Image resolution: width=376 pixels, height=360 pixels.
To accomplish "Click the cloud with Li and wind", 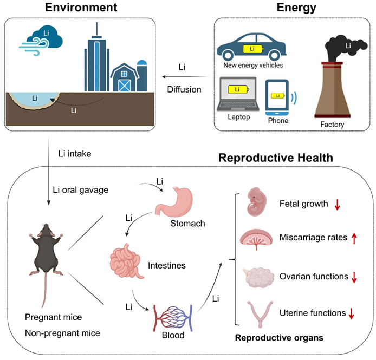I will click(x=43, y=37).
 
